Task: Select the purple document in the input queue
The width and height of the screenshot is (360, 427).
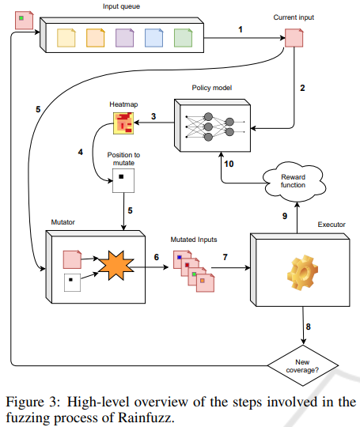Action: [124, 36]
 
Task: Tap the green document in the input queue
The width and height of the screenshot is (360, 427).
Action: [182, 36]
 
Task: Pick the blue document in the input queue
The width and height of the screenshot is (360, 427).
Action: [153, 36]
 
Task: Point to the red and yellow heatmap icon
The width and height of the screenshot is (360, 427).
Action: [121, 123]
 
